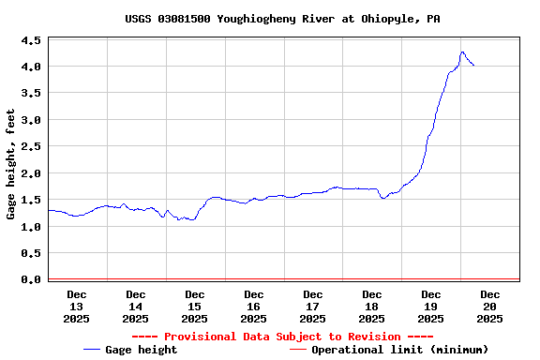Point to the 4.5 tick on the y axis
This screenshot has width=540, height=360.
pos(31,40)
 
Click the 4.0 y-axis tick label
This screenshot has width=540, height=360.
pos(31,67)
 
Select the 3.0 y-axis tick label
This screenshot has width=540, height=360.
pos(31,120)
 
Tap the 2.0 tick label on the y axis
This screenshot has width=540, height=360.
pos(31,173)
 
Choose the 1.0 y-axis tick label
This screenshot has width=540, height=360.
pos(31,227)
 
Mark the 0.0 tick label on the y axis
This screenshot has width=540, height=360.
pos(31,279)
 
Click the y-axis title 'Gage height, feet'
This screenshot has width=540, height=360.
pos(11,164)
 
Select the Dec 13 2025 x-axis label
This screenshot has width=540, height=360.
pos(76,307)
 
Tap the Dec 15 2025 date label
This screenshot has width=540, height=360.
pos(194,307)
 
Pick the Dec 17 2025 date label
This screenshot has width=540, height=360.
pos(312,307)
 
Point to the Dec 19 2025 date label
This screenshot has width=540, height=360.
pos(430,307)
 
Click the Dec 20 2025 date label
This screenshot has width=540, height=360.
pos(489,307)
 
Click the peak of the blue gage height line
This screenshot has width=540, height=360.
pos(462,52)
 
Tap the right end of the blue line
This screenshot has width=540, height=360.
pos(473,65)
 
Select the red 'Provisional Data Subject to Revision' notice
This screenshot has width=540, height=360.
pos(282,337)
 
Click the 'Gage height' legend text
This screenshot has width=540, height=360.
pos(141,350)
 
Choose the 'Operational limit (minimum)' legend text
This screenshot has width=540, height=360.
pos(399,350)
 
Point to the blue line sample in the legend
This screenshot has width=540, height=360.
pos(92,350)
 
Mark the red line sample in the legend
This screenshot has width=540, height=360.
pos(298,350)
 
